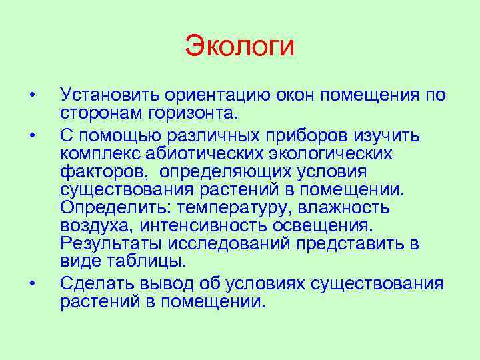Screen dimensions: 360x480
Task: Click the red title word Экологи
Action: pyautogui.click(x=239, y=47)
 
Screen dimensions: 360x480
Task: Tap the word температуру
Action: pyautogui.click(x=223, y=207)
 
